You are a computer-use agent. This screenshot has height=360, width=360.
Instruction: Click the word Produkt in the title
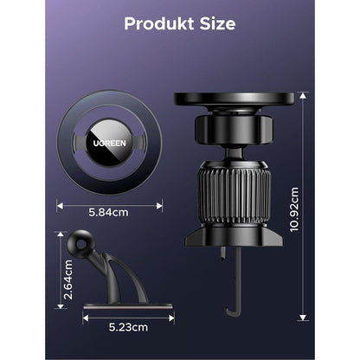point(159,24)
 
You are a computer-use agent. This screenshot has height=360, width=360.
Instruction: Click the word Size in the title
point(218,23)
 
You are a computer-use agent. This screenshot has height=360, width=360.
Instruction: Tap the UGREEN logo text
point(110,143)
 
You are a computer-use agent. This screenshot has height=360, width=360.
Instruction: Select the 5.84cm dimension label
point(108,213)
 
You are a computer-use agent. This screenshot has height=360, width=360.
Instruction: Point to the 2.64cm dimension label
point(68,280)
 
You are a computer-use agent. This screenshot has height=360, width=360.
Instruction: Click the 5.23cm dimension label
point(128,327)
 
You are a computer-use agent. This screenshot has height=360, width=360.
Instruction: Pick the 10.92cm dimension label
point(294,209)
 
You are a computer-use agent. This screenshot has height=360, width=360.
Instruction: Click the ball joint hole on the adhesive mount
point(81,245)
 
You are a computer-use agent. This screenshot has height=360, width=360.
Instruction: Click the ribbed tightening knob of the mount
point(234,193)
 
